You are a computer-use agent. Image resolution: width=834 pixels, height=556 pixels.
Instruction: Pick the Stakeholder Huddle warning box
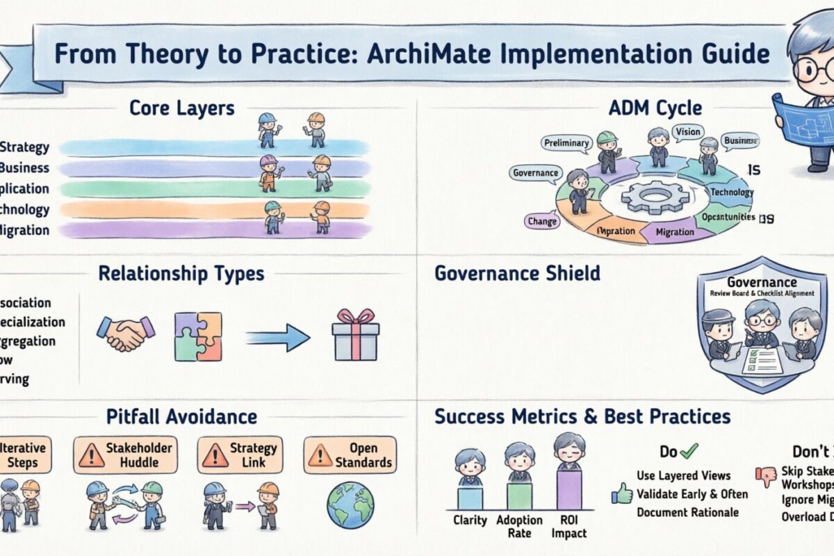tap(125, 455)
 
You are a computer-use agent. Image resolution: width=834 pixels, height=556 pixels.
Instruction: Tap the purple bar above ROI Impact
tap(569, 490)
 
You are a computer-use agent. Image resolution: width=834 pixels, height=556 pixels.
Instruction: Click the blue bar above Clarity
tap(469, 498)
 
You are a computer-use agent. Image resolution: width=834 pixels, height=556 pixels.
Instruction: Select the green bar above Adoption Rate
tap(519, 496)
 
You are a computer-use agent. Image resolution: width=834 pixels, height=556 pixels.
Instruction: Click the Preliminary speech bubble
tap(566, 143)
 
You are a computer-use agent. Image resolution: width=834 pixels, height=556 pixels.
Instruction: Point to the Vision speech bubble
tap(687, 131)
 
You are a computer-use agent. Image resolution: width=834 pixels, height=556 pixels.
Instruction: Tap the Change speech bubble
tap(542, 221)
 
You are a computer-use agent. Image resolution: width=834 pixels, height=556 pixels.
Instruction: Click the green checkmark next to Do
tap(689, 452)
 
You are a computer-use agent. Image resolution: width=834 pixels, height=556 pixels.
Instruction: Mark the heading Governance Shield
tap(517, 273)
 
